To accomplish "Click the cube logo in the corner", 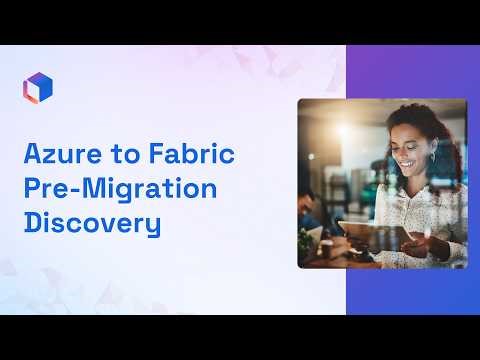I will pyautogui.click(x=37, y=87).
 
